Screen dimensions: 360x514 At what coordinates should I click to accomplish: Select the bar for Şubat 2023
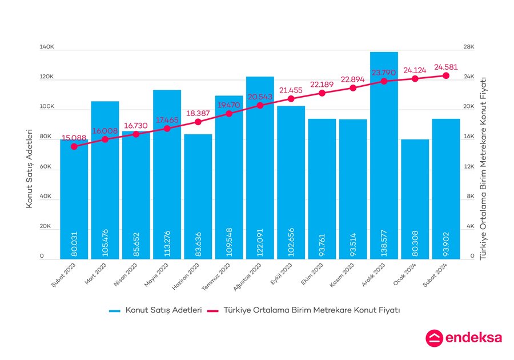tap(74, 200)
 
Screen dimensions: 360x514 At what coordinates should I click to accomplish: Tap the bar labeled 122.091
tap(260, 171)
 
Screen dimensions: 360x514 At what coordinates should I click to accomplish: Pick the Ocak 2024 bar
tap(415, 200)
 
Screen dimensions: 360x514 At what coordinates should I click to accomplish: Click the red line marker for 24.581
tap(446, 75)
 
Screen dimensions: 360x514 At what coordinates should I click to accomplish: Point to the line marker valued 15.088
tap(74, 146)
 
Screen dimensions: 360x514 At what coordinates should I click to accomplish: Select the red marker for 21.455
tap(291, 99)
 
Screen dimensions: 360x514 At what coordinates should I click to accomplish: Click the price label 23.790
tap(384, 73)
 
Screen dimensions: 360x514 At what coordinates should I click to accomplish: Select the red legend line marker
tap(212, 310)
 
